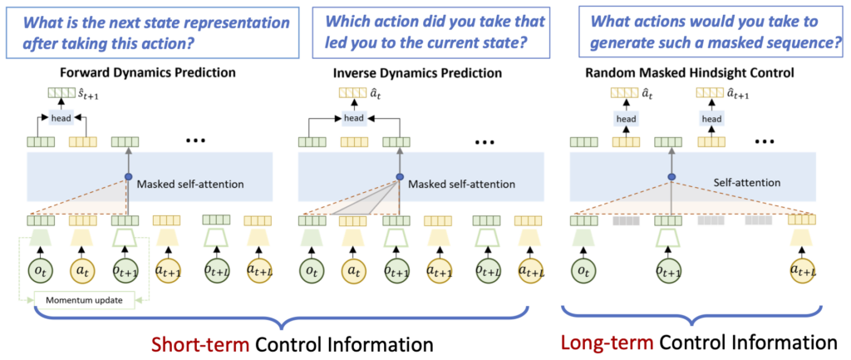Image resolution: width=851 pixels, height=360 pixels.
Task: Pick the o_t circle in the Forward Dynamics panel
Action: (x=40, y=272)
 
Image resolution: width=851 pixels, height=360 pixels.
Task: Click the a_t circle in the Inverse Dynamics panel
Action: (x=356, y=272)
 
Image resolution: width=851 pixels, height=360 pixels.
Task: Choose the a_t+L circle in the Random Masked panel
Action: (x=803, y=272)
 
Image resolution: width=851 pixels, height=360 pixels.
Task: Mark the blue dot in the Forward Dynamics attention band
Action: (x=128, y=176)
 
